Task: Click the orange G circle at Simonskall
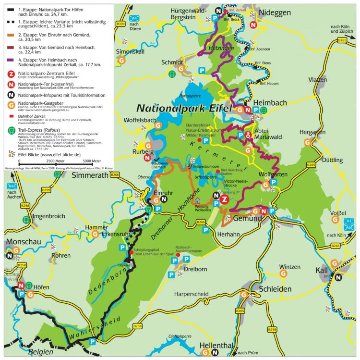[x=122, y=60]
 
